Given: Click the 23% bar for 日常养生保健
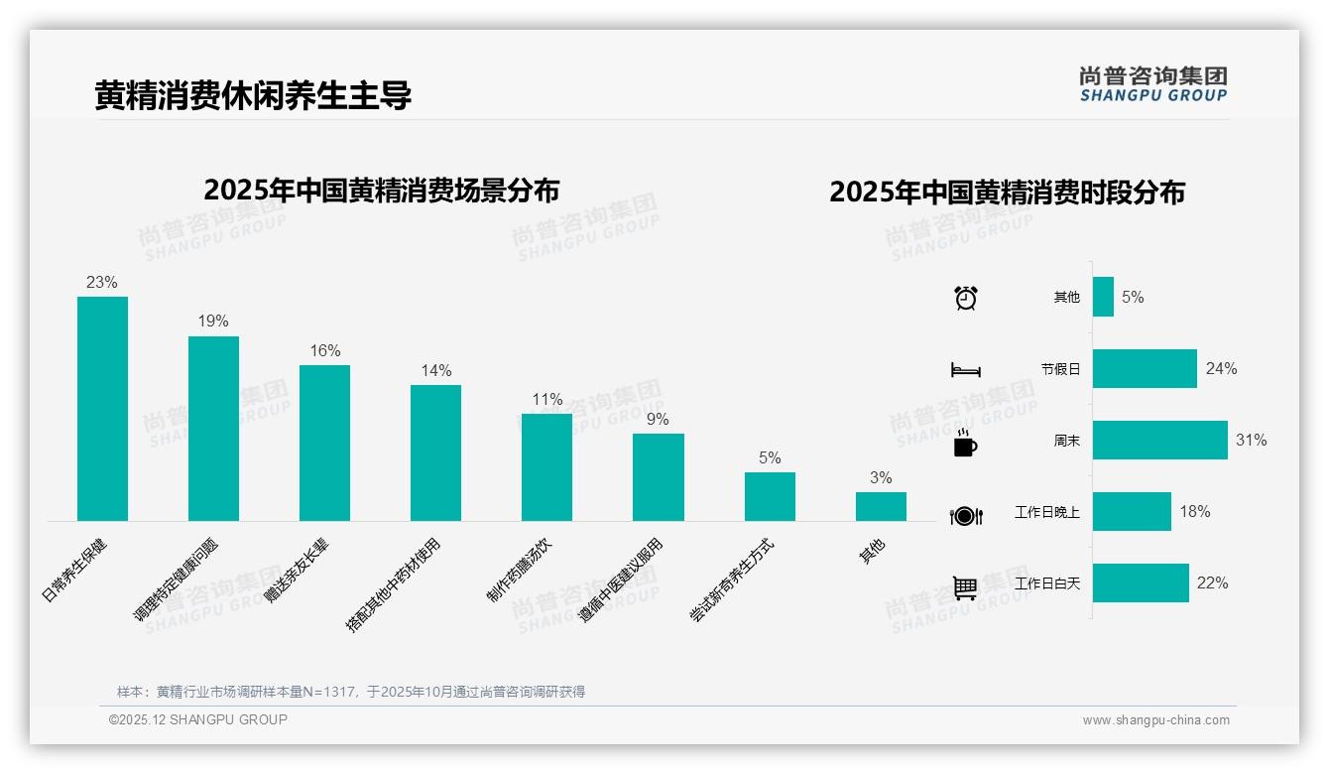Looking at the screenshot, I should point(102,409).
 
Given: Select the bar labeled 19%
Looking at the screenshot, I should point(213,429).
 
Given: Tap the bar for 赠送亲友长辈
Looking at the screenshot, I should point(324,443).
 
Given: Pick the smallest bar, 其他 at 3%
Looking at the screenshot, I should point(881,506).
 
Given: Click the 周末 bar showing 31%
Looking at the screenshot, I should point(1159,440).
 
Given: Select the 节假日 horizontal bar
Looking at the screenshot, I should point(1145,368).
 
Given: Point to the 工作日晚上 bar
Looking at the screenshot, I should point(1132,511).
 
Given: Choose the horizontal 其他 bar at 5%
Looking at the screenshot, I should point(1103,297).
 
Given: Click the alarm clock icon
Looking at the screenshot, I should point(965,297).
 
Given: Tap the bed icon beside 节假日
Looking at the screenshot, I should point(965,369).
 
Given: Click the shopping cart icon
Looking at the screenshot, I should point(965,587).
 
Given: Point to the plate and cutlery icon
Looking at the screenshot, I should point(965,515).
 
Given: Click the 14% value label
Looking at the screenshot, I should point(435,370).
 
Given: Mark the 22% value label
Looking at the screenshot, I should point(1212,582).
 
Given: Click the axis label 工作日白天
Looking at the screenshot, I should point(1047,583).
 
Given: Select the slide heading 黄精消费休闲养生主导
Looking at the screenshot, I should point(253,95).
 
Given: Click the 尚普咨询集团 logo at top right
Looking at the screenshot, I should point(1152,83).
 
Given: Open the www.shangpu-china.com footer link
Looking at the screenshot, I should point(1155,720).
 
